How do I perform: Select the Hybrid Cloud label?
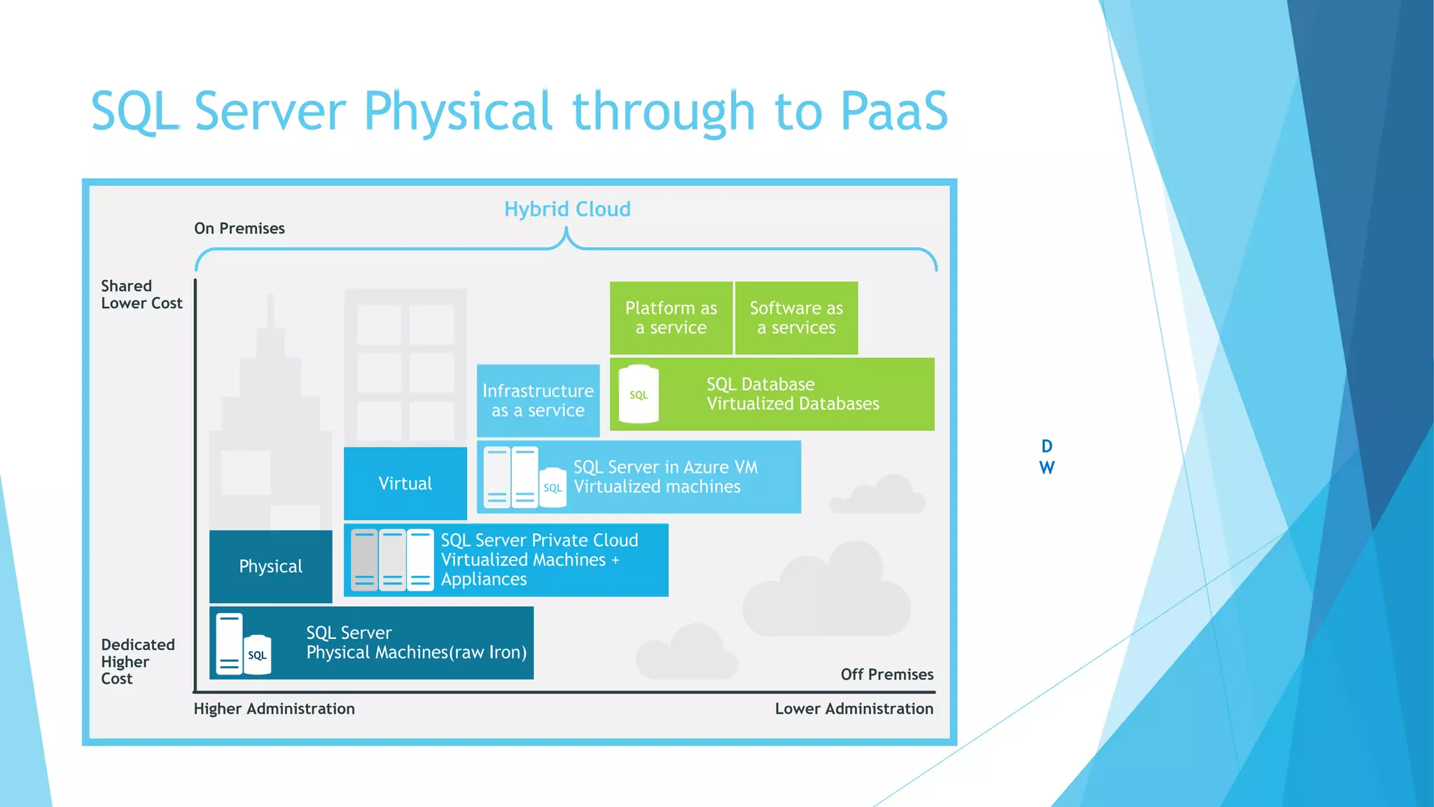click(567, 209)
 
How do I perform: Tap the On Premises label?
click(239, 228)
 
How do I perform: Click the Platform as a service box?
click(671, 318)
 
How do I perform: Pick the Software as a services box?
click(796, 318)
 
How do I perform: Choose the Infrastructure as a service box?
click(538, 401)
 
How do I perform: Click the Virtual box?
click(405, 483)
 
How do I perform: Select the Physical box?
click(270, 566)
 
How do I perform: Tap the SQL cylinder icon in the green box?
click(639, 394)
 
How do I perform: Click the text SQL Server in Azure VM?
click(665, 467)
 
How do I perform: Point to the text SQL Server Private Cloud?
click(539, 540)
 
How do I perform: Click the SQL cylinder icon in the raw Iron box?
click(257, 654)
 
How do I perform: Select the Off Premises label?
click(886, 675)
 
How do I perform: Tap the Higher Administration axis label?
click(274, 709)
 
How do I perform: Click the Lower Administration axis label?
click(854, 709)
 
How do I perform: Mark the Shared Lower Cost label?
click(141, 295)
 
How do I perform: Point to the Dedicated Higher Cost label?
click(137, 661)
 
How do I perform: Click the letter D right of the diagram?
click(1047, 446)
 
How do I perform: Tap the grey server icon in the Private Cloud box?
click(364, 560)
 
